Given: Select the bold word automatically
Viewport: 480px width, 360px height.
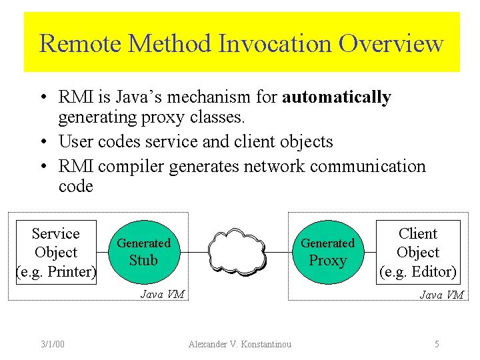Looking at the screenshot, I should coord(337,97).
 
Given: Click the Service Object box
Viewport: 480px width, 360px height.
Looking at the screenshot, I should coord(56,252).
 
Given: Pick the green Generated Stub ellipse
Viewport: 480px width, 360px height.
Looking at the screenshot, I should coord(143,253).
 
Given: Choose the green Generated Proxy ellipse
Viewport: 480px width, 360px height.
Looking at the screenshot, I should coord(327,253).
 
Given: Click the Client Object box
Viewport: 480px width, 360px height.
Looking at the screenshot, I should coord(418,252).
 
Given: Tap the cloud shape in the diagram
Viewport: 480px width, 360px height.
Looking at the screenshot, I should coord(237,253).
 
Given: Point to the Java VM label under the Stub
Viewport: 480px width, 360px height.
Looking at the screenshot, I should coord(162,294).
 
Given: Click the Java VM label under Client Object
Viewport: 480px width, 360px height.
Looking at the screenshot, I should coord(441,295).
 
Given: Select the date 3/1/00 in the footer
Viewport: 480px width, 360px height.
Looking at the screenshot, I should coord(52,344).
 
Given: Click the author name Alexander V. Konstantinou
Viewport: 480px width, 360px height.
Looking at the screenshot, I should coord(240,344).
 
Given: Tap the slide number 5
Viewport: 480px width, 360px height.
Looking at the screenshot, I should coord(437,344).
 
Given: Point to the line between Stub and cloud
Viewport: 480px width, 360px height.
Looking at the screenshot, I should coord(193,253).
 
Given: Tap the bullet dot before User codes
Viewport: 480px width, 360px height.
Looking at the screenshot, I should coord(42,142).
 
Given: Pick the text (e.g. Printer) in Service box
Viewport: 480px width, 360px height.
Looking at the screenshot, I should coord(56,271).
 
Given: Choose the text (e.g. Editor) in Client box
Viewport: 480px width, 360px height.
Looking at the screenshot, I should coord(418,271).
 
